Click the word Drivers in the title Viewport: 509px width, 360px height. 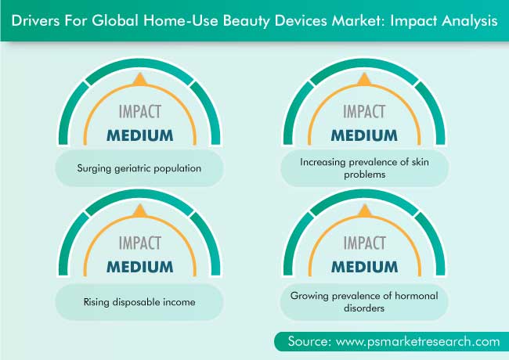pos(35,20)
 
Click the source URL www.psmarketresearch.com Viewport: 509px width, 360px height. pos(418,341)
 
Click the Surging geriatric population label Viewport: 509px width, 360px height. pos(139,168)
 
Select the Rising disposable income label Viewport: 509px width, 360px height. pos(139,302)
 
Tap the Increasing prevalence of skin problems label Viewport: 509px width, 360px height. pos(365,168)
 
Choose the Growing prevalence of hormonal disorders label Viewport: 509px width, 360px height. pos(364,301)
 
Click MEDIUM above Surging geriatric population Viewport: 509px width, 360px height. pos(140,135)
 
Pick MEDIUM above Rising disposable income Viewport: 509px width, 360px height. pos(140,267)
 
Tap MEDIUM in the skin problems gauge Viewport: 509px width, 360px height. pos(364,135)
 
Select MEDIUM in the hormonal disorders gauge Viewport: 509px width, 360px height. pos(365,267)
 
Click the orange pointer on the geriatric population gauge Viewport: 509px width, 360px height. pos(140,80)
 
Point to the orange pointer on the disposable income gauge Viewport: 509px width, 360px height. pos(140,211)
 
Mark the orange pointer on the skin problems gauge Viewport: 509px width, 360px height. pos(364,80)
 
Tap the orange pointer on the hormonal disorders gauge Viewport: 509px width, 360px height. pos(365,211)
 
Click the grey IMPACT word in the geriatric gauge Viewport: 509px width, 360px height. pos(140,112)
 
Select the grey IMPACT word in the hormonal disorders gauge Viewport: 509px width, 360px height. pos(365,243)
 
